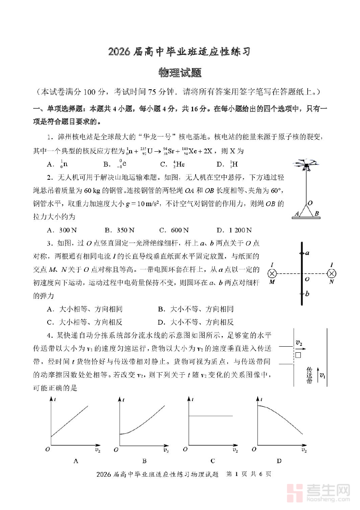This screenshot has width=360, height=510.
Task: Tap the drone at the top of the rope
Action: coord(306,165)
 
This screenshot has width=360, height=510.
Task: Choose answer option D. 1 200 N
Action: coord(234,230)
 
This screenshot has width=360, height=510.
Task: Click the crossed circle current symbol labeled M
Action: coord(272,274)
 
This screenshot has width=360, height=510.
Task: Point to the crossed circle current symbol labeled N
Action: coord(332,274)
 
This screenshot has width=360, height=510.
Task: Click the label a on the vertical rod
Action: coord(307,253)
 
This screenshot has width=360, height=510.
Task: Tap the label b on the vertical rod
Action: coord(307,294)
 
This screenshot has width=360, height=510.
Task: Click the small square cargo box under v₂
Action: coord(298,355)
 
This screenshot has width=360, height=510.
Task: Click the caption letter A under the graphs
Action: coord(76,461)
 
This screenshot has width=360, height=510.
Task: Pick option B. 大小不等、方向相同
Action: coord(196,309)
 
